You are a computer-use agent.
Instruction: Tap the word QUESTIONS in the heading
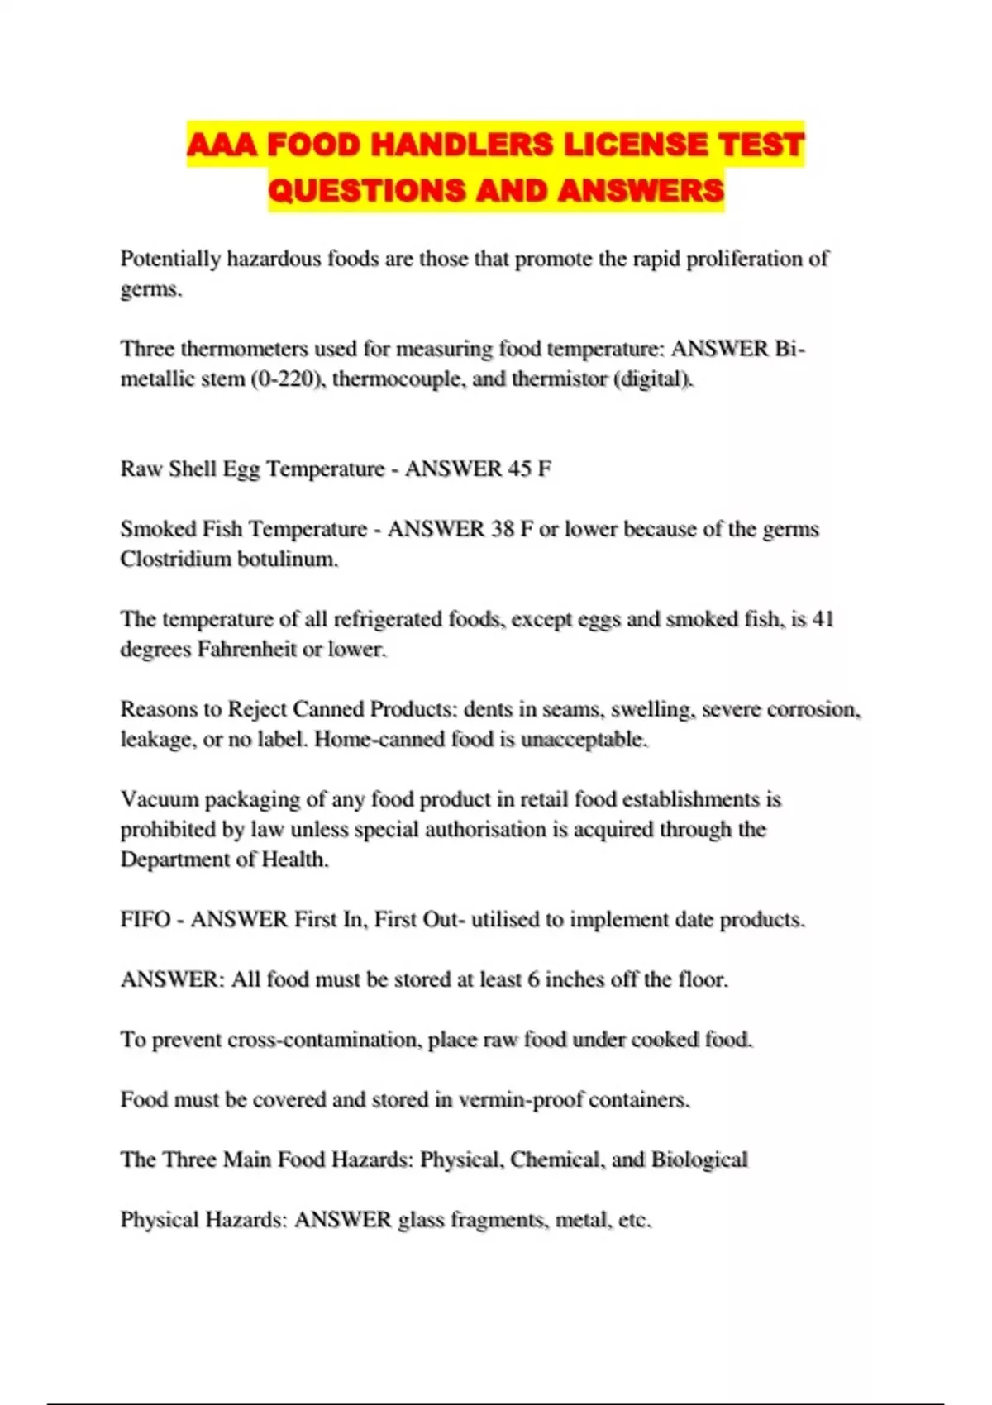tap(367, 191)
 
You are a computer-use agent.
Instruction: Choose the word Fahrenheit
tap(246, 649)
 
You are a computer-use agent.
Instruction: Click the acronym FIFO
tap(145, 919)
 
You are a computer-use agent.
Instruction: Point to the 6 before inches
tap(533, 979)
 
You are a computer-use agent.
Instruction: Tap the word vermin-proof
tap(520, 1099)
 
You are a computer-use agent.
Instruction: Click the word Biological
tap(699, 1160)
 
